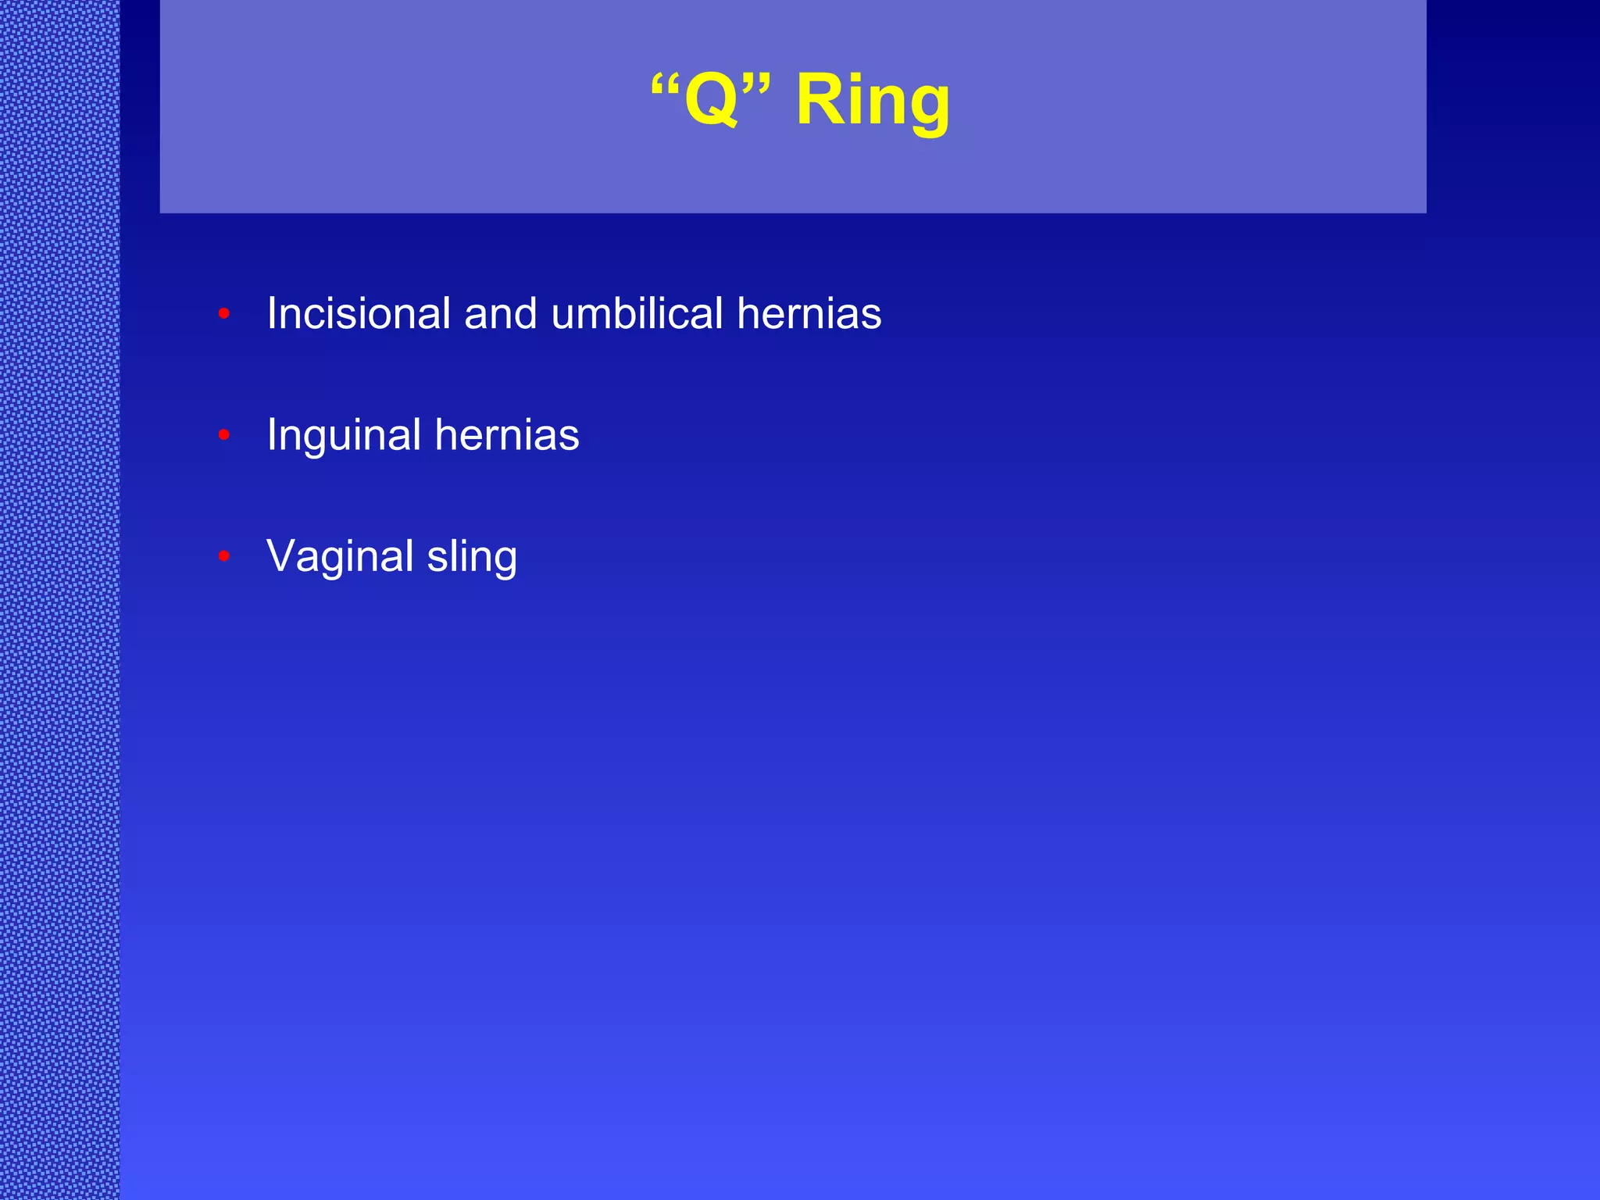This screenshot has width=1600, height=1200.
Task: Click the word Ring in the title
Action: click(873, 100)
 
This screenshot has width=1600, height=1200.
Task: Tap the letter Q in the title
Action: click(711, 100)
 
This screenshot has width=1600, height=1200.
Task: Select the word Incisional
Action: click(359, 313)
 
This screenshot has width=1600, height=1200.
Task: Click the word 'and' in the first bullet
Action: click(500, 313)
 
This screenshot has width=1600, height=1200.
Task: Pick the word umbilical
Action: click(637, 313)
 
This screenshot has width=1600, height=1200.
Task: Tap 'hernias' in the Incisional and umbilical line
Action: click(809, 313)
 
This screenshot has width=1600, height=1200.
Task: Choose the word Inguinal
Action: click(344, 435)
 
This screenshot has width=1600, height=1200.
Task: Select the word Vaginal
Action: click(340, 556)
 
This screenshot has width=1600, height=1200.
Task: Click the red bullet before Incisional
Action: click(224, 314)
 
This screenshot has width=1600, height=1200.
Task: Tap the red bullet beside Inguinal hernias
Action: click(224, 435)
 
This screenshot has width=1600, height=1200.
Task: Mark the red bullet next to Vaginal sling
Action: click(224, 556)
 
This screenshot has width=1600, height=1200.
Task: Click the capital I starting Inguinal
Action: click(272, 435)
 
